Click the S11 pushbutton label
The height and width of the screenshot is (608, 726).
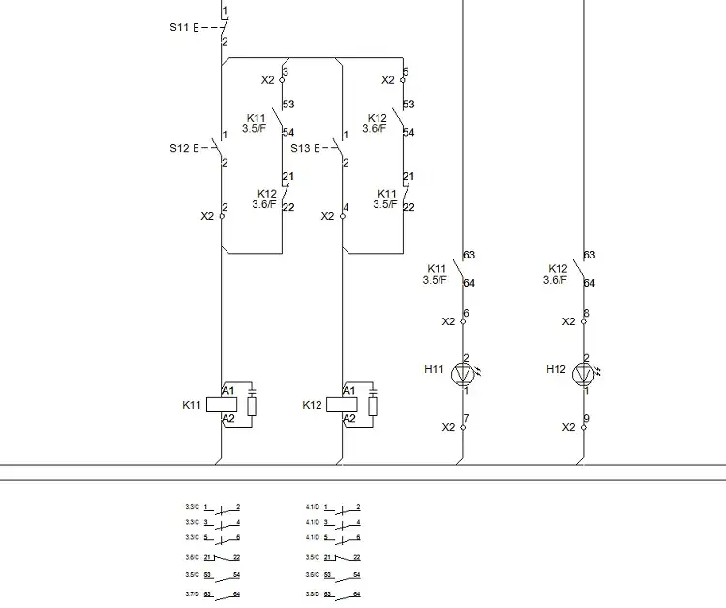178,27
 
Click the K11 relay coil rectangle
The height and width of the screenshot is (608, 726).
222,405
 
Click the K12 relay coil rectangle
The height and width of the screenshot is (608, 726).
343,405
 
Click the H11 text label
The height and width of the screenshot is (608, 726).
435,369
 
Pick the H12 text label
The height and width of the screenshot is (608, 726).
556,369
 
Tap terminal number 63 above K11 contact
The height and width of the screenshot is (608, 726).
469,256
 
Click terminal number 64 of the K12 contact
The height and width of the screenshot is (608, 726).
590,284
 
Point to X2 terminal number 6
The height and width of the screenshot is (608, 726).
466,314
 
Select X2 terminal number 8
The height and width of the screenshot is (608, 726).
587,314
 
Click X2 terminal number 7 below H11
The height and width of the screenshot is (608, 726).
466,419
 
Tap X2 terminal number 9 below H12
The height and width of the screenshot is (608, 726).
587,419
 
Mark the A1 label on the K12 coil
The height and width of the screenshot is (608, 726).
349,390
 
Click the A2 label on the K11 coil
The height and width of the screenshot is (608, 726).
228,418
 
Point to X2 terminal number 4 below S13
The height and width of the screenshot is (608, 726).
346,208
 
